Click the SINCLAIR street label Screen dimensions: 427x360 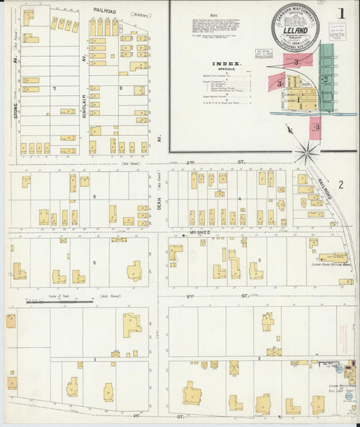click(84, 88)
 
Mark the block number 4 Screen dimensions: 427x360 click(240, 199)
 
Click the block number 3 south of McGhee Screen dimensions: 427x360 click(259, 260)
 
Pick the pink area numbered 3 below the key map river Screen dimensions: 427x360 click(315, 126)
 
